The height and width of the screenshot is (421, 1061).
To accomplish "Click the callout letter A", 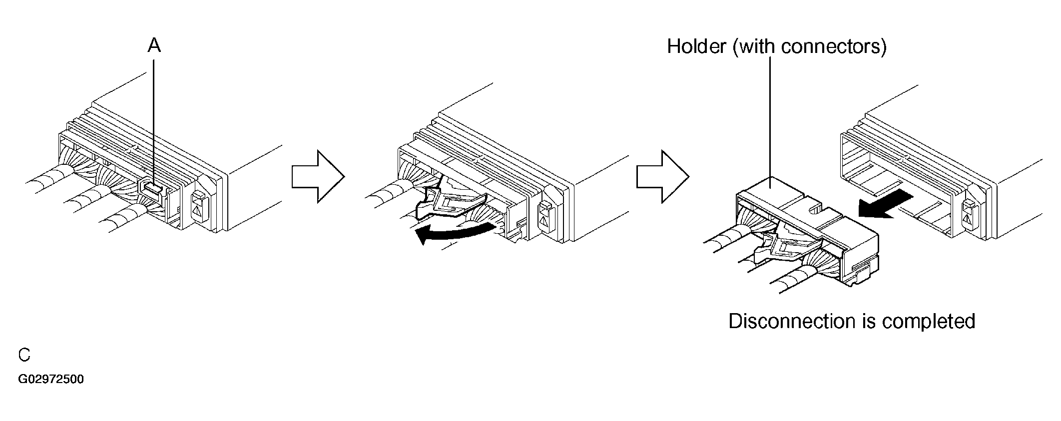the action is point(154,46).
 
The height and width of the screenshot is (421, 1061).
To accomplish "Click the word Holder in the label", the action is point(697,46).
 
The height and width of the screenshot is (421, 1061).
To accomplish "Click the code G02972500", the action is point(51,380).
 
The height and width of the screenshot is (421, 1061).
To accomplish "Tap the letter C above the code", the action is point(24,355).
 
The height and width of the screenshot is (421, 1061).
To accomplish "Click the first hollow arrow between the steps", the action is point(318,176).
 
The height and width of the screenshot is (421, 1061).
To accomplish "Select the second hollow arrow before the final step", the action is point(663,176).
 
